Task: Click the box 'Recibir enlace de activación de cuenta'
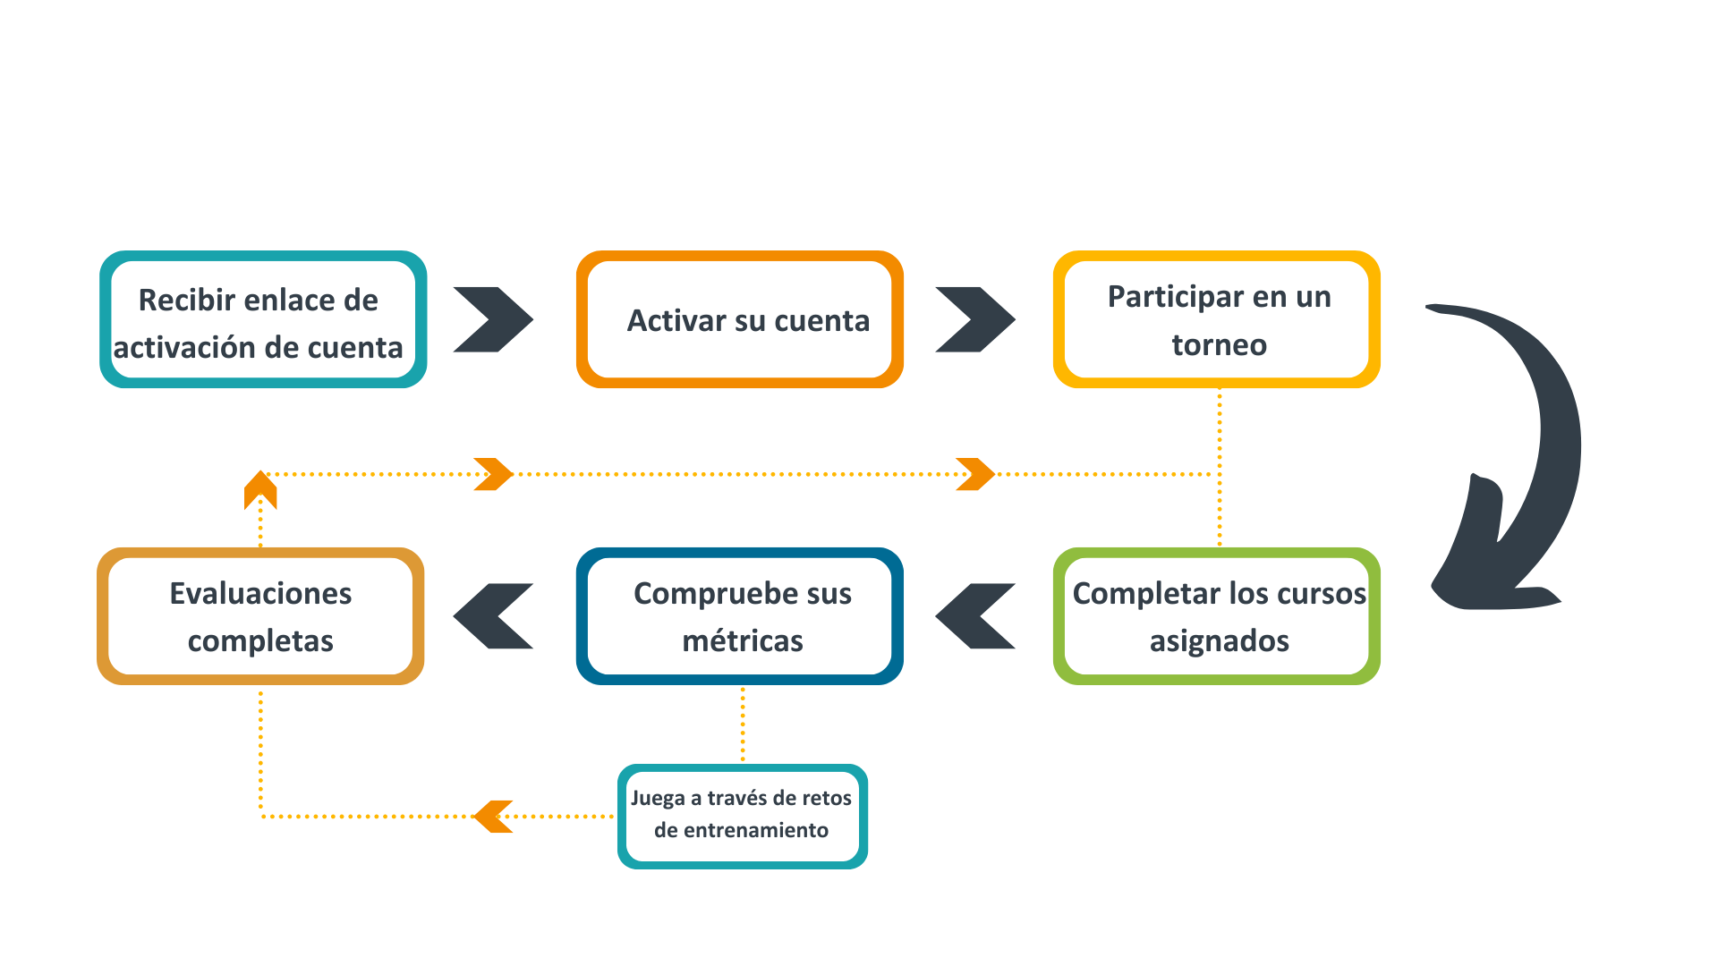pyautogui.click(x=262, y=319)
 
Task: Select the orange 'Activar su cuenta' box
pyautogui.click(x=739, y=319)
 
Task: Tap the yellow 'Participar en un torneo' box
pyautogui.click(x=1216, y=319)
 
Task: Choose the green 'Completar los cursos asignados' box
pyautogui.click(x=1216, y=616)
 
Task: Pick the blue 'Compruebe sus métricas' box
pyautogui.click(x=739, y=616)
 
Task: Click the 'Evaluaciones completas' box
pyautogui.click(x=260, y=616)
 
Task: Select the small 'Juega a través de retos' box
pyautogui.click(x=742, y=816)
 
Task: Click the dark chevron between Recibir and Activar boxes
pyautogui.click(x=493, y=319)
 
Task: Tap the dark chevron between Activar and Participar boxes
pyautogui.click(x=975, y=319)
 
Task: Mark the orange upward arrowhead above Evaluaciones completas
pyautogui.click(x=260, y=489)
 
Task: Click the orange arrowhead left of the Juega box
pyautogui.click(x=493, y=816)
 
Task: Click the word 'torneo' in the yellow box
pyautogui.click(x=1219, y=345)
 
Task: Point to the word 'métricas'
pyautogui.click(x=742, y=641)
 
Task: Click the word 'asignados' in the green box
pyautogui.click(x=1219, y=641)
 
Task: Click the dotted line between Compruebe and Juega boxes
pyautogui.click(x=743, y=724)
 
